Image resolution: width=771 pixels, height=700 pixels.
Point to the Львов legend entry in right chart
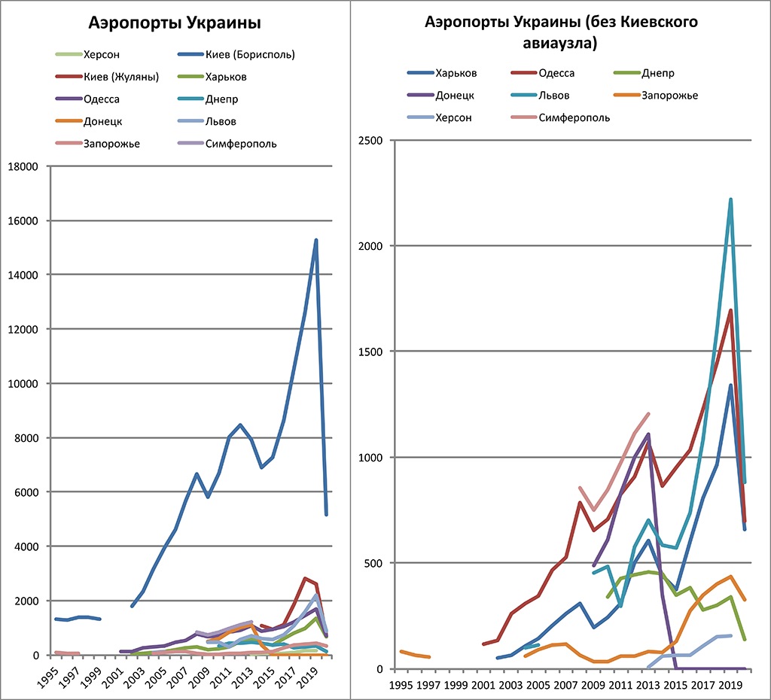(554, 96)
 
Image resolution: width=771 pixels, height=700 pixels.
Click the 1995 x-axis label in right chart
(401, 685)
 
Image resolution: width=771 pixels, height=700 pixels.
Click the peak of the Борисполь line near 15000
(316, 240)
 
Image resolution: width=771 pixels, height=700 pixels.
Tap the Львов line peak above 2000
(730, 199)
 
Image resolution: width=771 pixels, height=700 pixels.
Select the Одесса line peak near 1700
(730, 311)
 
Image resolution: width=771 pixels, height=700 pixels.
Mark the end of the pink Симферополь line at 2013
(648, 413)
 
